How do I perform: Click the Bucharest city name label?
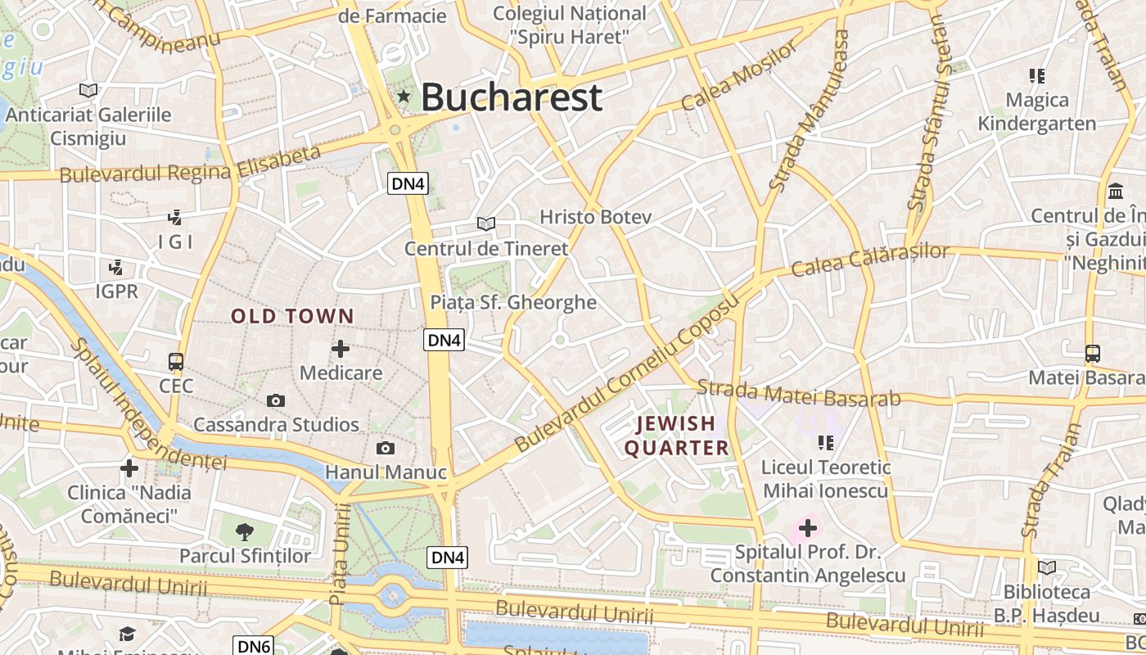512,97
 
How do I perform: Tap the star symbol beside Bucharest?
403,97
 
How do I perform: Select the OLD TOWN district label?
292,316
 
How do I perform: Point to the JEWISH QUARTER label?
676,436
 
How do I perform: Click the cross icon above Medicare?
341,349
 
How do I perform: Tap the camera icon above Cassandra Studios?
276,400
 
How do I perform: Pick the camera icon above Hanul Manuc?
385,448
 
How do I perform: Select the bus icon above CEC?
175,361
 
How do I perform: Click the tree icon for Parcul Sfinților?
244,532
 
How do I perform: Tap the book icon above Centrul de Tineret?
486,224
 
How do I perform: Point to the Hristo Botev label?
595,217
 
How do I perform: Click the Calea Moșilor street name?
739,76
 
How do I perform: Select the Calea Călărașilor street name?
871,260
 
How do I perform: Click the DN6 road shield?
253,646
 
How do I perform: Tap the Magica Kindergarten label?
1037,112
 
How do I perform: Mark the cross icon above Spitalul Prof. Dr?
807,528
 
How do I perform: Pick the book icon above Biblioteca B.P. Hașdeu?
1046,567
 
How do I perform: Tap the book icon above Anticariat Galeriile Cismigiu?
88,90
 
